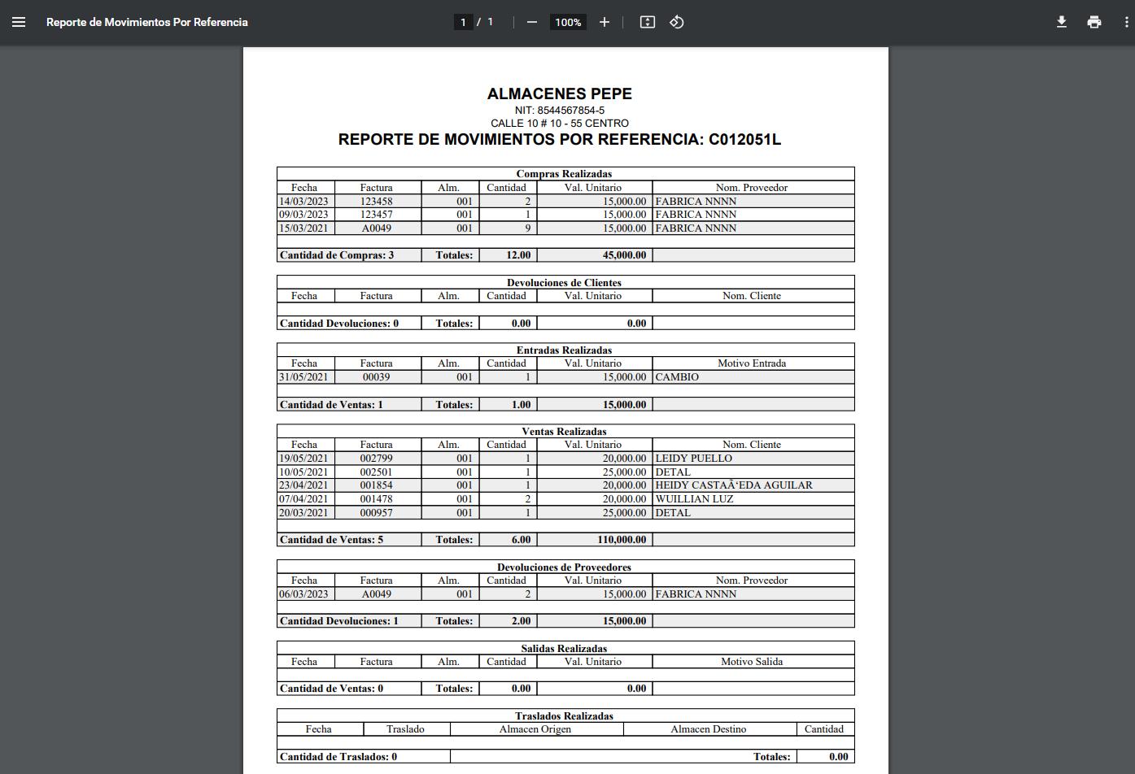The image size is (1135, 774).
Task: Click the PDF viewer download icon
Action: (x=1061, y=22)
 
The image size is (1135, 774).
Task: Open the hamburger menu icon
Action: (x=19, y=22)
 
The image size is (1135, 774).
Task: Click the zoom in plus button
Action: (x=604, y=22)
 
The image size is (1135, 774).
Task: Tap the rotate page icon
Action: (x=676, y=22)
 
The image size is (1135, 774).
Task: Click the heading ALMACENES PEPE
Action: (x=559, y=93)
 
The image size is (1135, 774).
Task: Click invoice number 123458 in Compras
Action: (x=376, y=201)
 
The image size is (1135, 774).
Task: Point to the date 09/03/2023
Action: (x=303, y=215)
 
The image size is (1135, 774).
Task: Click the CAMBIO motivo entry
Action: (x=676, y=377)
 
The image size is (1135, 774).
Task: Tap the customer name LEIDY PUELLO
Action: (x=693, y=459)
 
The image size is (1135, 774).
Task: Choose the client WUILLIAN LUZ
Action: (x=694, y=499)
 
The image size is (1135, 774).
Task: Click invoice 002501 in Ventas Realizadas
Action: (x=376, y=472)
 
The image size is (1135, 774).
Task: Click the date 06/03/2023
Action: (x=303, y=594)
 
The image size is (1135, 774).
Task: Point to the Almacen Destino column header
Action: (x=708, y=729)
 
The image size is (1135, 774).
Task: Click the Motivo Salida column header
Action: (x=751, y=662)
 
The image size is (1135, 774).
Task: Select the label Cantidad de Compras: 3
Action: (x=336, y=255)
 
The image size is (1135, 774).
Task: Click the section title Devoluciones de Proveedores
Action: (x=564, y=567)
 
